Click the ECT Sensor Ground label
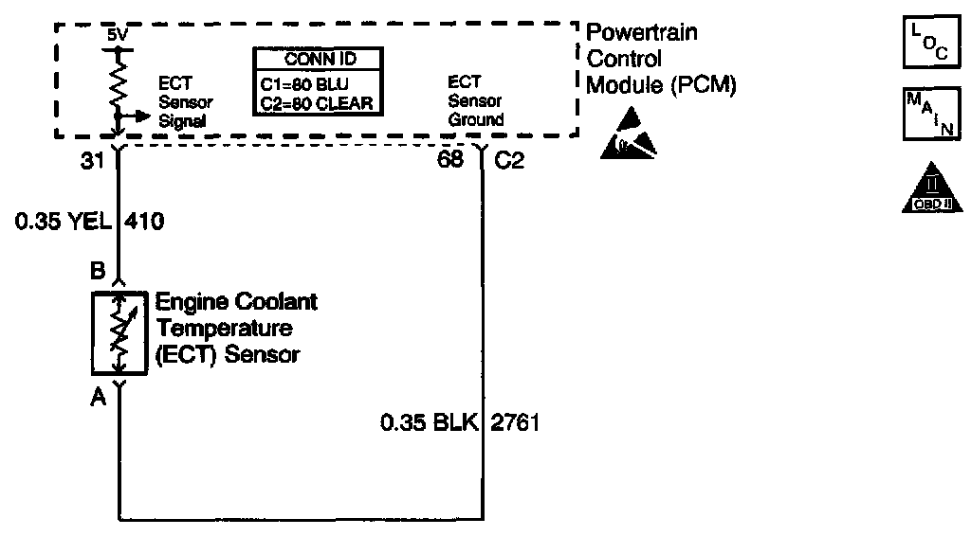pos(477,101)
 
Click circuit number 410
pos(145,223)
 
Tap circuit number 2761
pos(516,422)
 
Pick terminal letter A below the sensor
pos(97,398)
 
